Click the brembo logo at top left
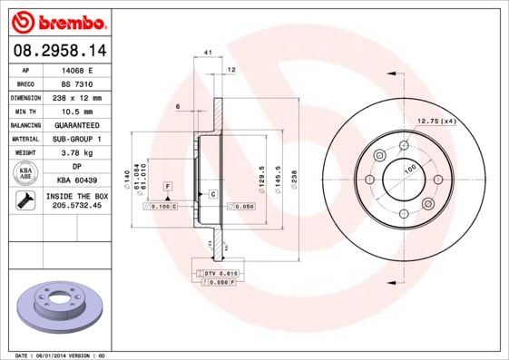point(56,19)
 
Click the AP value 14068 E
point(76,69)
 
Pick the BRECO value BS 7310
point(76,83)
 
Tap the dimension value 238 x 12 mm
point(76,96)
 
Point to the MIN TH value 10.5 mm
point(76,111)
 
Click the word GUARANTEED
point(76,124)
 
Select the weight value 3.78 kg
point(76,152)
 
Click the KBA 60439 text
point(76,180)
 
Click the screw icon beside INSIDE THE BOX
point(25,200)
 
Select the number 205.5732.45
point(76,207)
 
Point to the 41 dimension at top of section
point(208,54)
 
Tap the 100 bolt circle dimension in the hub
point(409,169)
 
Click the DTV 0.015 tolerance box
point(220,272)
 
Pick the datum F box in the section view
point(168,186)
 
